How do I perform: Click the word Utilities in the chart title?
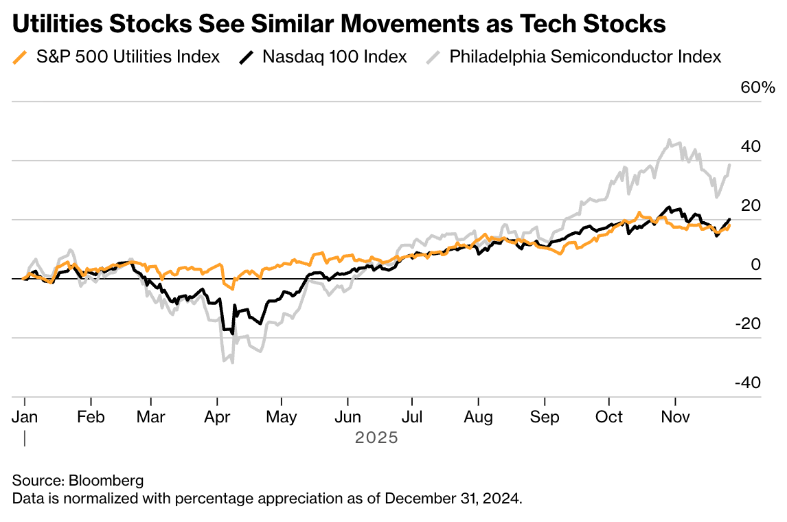[56, 24]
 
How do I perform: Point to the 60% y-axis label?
[757, 88]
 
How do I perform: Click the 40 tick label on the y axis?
[751, 146]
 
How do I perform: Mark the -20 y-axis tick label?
[747, 324]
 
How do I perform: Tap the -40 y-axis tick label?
[747, 383]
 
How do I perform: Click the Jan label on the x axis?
[25, 417]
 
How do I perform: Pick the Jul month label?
[412, 417]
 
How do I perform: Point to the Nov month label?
[676, 417]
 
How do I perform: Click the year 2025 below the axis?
[376, 438]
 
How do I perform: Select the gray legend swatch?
[433, 57]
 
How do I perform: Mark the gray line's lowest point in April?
[232, 362]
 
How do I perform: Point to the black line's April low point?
[232, 333]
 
